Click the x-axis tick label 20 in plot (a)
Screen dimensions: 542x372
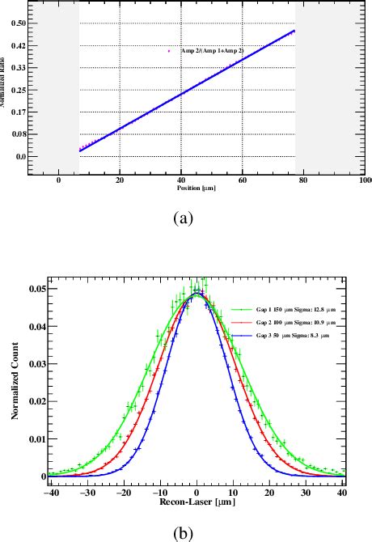pos(120,180)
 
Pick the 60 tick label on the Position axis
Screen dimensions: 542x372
pos(242,180)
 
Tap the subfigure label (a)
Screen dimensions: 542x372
pos(183,218)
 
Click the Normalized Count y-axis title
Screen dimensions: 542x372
pos(15,382)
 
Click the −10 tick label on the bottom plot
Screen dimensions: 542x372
pos(159,491)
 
